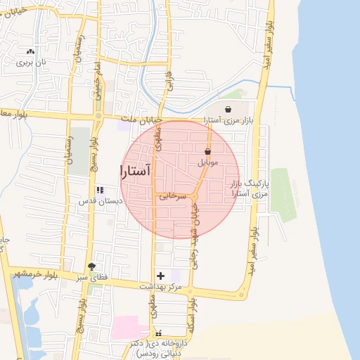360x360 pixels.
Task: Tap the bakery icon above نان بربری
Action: click(x=30, y=51)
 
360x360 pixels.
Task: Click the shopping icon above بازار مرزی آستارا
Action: click(x=229, y=109)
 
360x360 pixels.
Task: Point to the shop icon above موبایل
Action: click(x=208, y=151)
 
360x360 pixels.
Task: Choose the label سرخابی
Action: click(x=174, y=196)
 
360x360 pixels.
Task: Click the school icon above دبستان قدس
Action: click(x=100, y=190)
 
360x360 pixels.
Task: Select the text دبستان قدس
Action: click(x=100, y=200)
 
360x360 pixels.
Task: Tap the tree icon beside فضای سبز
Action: click(x=91, y=266)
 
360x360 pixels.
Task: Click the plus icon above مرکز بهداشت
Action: click(x=160, y=276)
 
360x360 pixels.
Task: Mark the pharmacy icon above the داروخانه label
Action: click(x=158, y=332)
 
